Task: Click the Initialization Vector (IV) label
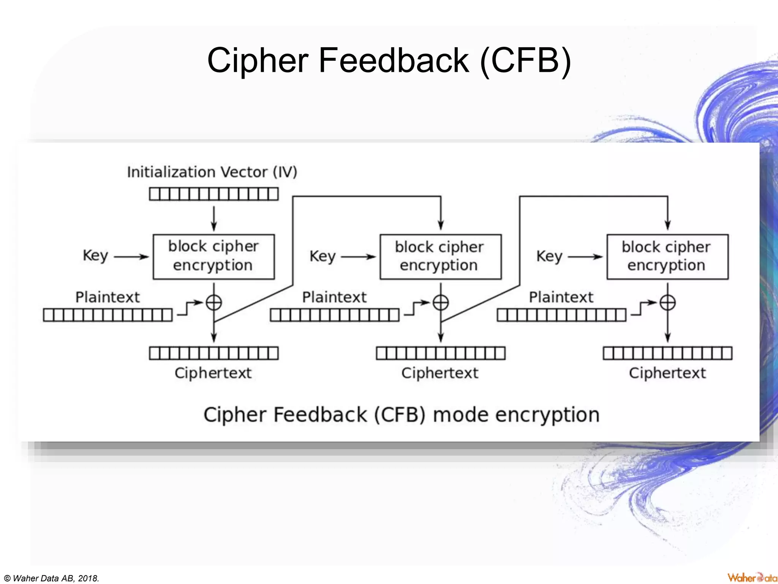[212, 172]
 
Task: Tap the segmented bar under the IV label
[213, 194]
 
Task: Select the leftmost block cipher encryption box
[213, 257]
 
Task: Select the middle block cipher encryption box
[440, 257]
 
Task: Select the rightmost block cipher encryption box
[667, 257]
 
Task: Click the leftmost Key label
[95, 256]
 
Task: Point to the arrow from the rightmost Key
[585, 257]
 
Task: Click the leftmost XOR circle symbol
[213, 303]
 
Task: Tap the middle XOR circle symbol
[441, 303]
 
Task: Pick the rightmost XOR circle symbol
[667, 303]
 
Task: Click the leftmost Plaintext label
[108, 297]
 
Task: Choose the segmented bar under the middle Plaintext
[335, 315]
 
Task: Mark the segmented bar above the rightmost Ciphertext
[667, 353]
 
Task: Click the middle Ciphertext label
[440, 373]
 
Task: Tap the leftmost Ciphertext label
[213, 373]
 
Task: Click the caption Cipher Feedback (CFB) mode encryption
[402, 415]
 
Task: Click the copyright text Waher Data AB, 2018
[52, 578]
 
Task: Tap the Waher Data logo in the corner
[752, 578]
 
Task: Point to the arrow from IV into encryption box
[213, 219]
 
